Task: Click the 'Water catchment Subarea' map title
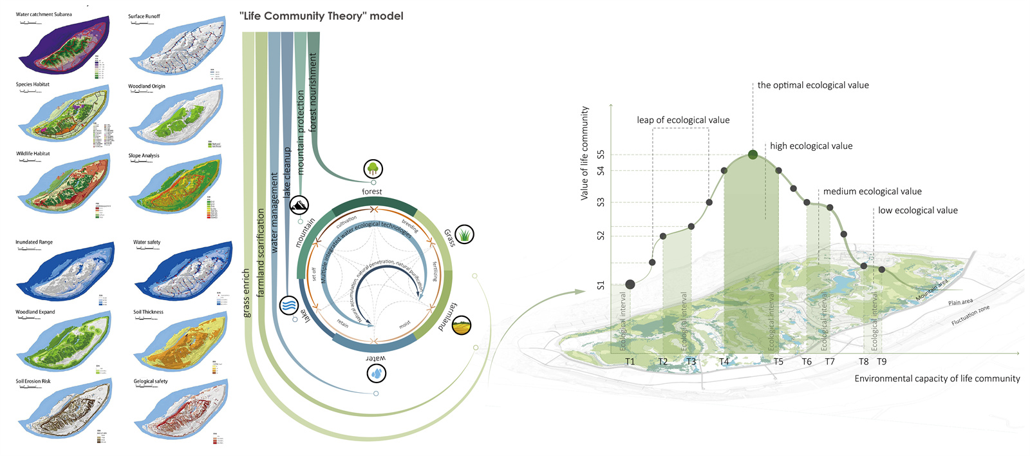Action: (x=44, y=14)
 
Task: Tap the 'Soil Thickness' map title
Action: (x=148, y=312)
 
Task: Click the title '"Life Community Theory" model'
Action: (x=321, y=16)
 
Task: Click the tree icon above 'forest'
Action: (x=373, y=169)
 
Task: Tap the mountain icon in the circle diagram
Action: (x=299, y=205)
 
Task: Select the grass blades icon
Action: (x=464, y=234)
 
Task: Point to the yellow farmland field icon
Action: (x=462, y=326)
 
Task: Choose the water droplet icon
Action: (x=377, y=373)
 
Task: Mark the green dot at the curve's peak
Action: (x=753, y=155)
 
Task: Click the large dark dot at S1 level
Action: (x=630, y=284)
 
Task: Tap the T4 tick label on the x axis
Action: (x=724, y=362)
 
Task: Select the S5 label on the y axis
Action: (x=601, y=155)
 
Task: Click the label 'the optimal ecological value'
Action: (x=812, y=85)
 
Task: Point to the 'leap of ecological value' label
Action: (x=683, y=120)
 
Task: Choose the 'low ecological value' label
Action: (x=917, y=211)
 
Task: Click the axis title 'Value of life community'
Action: (x=585, y=153)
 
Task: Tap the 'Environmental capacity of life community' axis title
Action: (x=937, y=379)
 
